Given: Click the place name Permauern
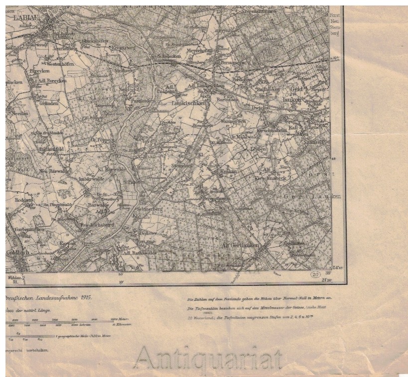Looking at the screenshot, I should (x=233, y=63).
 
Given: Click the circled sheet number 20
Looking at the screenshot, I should (x=315, y=274).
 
